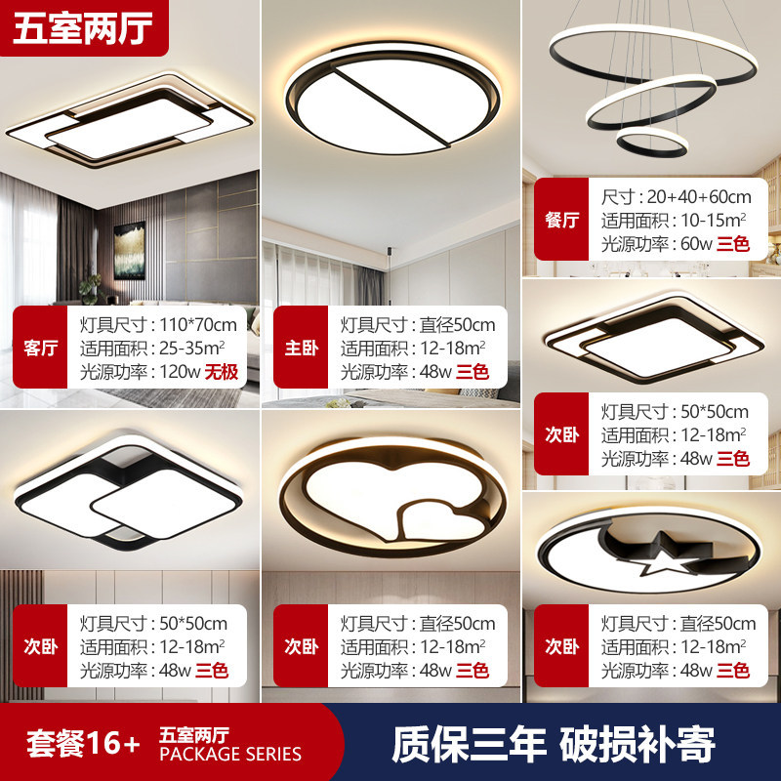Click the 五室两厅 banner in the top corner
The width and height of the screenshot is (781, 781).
[83, 28]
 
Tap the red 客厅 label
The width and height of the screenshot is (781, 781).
[40, 348]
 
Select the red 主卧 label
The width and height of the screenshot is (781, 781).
[301, 348]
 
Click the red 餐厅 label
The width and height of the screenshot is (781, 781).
[561, 219]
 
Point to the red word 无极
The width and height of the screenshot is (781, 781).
[222, 372]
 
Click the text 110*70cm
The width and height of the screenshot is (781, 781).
[198, 325]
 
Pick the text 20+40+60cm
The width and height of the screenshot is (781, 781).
[699, 197]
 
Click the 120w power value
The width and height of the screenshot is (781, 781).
[180, 372]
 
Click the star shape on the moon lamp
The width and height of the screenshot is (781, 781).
[661, 555]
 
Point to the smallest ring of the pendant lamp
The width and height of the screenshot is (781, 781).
[652, 142]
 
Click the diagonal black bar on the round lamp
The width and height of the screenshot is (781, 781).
[392, 107]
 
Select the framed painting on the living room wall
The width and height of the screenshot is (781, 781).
[130, 251]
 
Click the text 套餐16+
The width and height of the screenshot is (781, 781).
[83, 743]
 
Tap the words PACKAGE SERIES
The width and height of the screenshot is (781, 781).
[230, 754]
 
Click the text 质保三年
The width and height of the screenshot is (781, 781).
[470, 744]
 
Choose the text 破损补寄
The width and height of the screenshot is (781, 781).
[637, 744]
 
